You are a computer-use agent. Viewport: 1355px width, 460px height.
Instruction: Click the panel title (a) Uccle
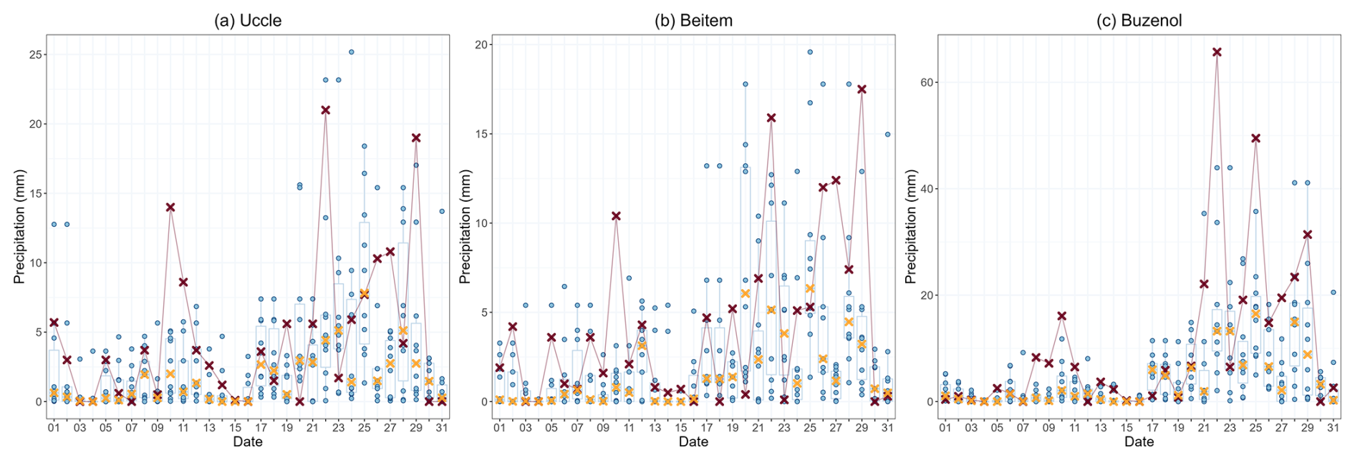248,20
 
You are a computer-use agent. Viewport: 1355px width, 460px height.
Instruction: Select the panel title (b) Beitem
693,20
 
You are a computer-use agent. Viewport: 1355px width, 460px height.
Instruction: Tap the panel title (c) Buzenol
1139,20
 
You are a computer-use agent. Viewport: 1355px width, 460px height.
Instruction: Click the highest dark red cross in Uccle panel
325,110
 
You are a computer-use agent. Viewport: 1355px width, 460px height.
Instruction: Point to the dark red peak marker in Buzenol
1217,52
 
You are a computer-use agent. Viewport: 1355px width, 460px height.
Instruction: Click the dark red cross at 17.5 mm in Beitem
862,89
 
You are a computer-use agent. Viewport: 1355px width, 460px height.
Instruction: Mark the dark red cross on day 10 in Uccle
170,207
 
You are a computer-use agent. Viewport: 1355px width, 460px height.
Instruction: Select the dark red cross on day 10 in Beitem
616,216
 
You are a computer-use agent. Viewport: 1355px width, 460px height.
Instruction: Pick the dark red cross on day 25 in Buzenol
1255,138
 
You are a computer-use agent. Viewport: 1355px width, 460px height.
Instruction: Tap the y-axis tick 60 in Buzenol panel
927,83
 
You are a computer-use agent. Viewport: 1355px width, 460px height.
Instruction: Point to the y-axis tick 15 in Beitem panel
481,134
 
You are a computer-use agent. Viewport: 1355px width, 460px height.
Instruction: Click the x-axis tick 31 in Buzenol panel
1333,428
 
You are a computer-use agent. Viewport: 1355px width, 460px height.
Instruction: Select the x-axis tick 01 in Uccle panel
54,428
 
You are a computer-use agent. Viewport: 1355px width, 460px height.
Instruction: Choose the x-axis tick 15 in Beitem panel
680,428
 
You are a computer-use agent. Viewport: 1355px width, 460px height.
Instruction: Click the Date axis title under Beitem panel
693,442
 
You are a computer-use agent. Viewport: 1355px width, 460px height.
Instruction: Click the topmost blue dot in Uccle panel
351,52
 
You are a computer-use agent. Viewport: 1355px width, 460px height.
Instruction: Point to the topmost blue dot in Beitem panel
810,52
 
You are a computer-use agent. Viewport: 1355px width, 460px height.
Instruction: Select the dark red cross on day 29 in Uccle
416,138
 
